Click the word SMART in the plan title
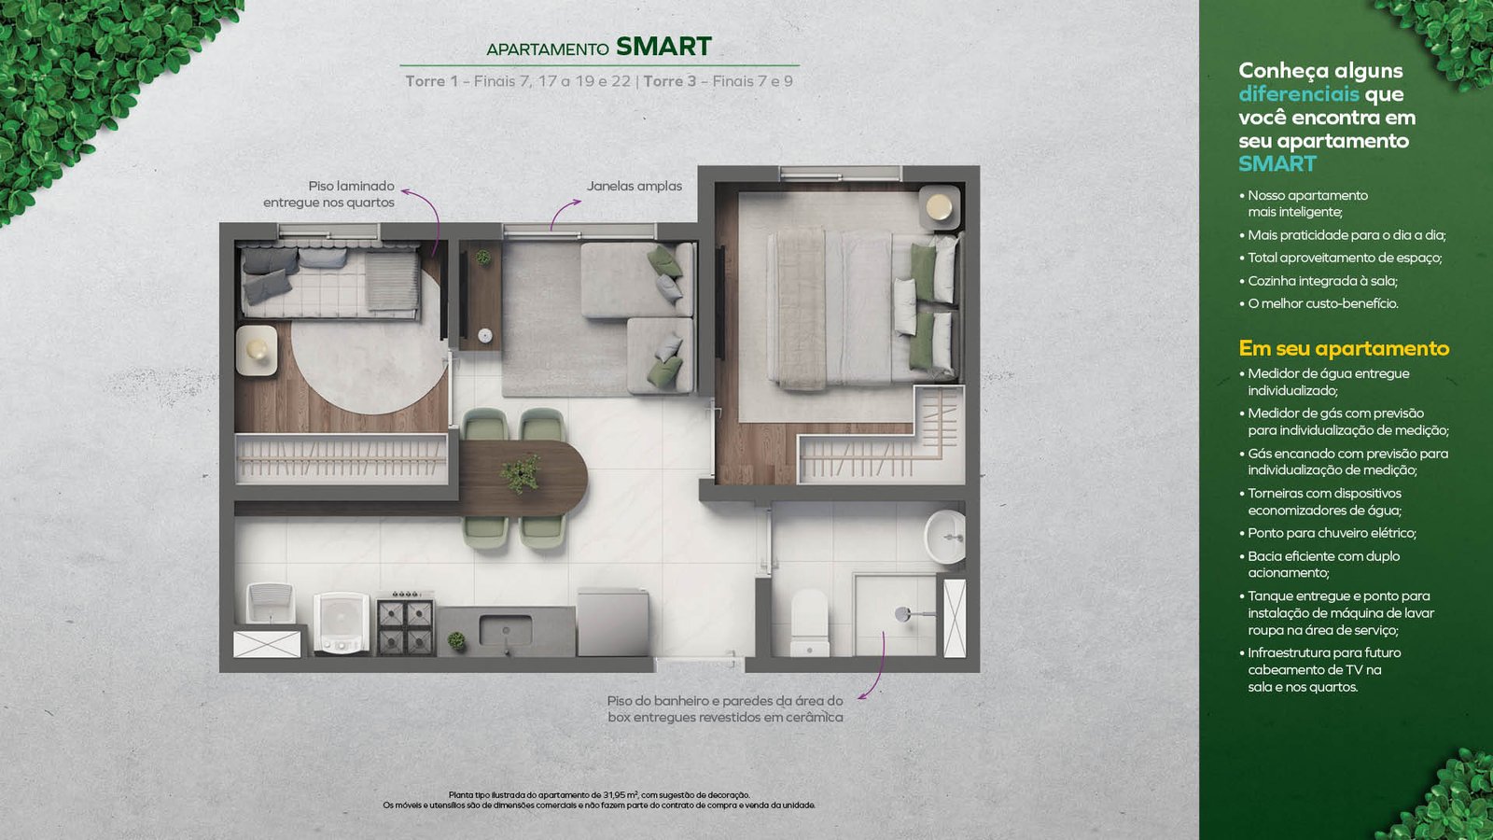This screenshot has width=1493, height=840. point(663,47)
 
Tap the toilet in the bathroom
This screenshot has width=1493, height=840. point(809,623)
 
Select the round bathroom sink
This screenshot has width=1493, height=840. point(945,537)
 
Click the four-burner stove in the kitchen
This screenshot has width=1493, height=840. point(405,625)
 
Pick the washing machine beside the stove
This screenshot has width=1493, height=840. point(342,623)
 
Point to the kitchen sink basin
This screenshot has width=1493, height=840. point(505,630)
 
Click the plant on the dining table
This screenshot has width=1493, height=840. point(521,472)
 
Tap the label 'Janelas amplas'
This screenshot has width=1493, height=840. point(634,186)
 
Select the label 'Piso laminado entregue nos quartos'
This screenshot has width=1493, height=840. point(328,194)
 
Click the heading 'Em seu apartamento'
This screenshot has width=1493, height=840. point(1344,348)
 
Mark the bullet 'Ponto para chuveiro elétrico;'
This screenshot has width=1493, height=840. point(1328,533)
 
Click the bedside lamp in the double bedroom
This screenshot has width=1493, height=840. point(939,206)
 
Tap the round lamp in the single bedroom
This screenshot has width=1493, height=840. point(257,349)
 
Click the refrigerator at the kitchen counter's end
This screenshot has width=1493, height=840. point(612,623)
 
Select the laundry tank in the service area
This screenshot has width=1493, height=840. point(270,603)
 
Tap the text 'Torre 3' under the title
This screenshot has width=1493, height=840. point(669,81)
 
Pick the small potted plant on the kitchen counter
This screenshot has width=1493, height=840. point(456,640)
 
